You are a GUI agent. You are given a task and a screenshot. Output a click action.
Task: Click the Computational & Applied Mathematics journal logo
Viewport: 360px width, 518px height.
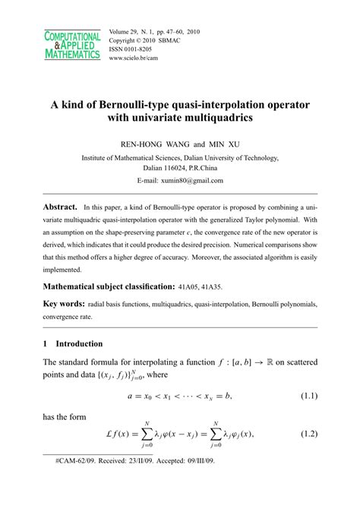(x=73, y=46)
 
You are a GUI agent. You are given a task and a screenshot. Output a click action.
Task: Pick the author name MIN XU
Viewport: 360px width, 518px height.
(x=221, y=144)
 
